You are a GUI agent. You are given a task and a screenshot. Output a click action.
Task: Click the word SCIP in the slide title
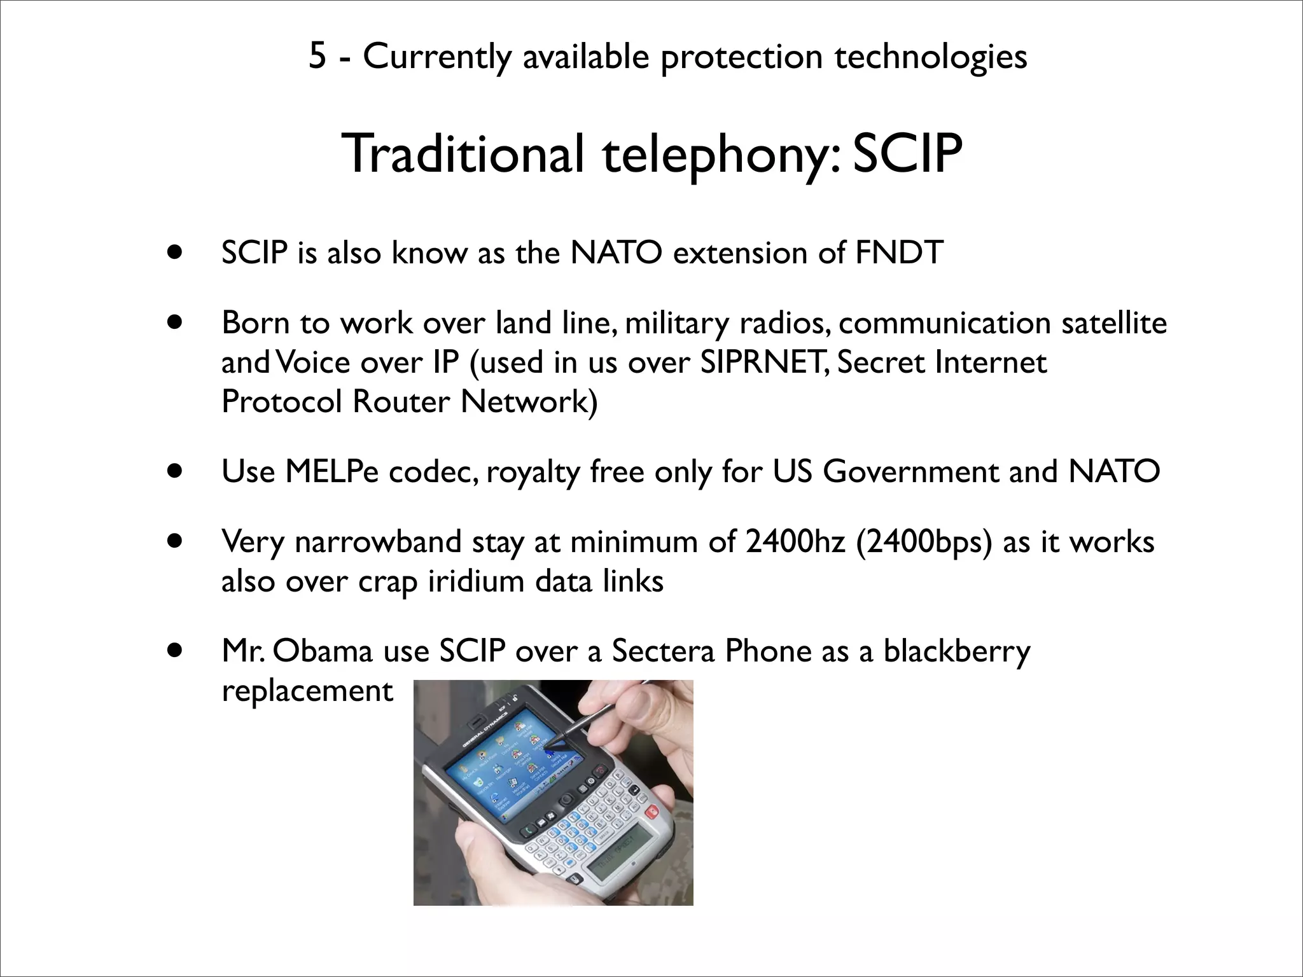click(x=907, y=155)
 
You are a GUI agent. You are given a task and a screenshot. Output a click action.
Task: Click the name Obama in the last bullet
click(x=324, y=651)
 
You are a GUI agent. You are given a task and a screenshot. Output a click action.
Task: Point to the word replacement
click(x=307, y=691)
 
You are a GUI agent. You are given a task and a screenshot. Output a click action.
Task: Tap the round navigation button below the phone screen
click(x=564, y=800)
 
